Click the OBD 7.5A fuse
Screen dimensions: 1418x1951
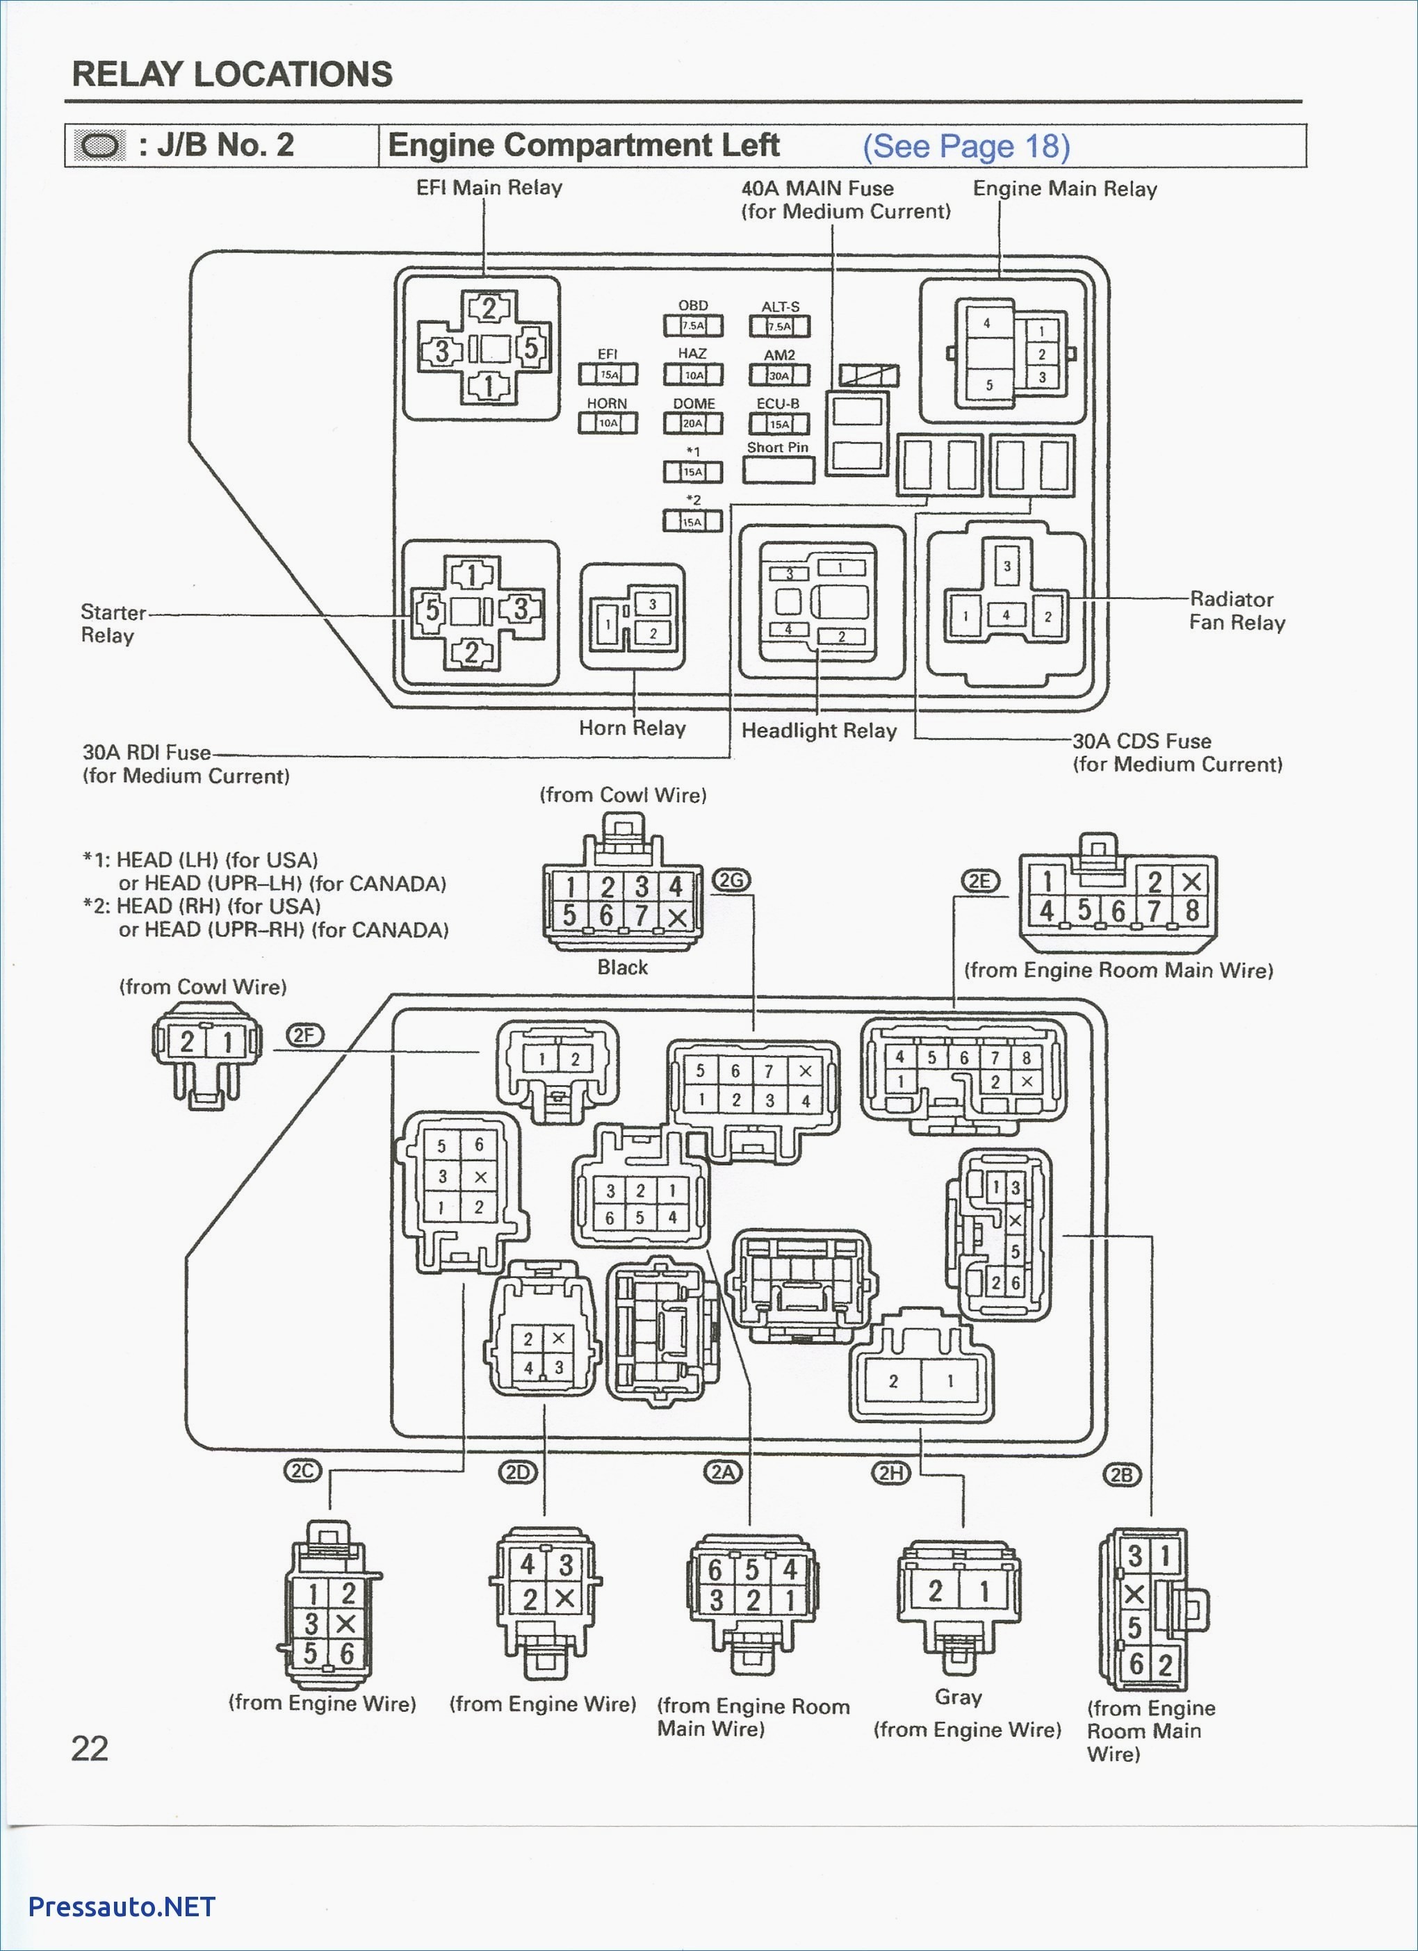pos(692,326)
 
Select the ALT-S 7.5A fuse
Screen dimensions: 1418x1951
pos(780,327)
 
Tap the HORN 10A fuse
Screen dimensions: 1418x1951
pos(608,423)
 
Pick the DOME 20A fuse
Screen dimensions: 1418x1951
pos(692,423)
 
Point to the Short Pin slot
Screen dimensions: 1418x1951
pos(779,470)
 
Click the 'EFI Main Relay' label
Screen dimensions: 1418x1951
pos(489,188)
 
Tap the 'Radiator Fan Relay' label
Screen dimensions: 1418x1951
pos(1237,611)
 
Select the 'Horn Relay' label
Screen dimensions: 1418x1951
pos(633,728)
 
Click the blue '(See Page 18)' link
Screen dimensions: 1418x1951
pos(966,146)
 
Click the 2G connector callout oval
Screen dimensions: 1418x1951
pos(731,880)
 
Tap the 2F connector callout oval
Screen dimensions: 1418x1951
pos(305,1036)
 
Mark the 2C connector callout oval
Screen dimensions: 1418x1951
pos(303,1471)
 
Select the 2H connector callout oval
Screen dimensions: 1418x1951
pos(890,1473)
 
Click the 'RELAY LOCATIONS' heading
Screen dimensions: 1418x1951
pos(232,74)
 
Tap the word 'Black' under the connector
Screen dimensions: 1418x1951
pos(623,967)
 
